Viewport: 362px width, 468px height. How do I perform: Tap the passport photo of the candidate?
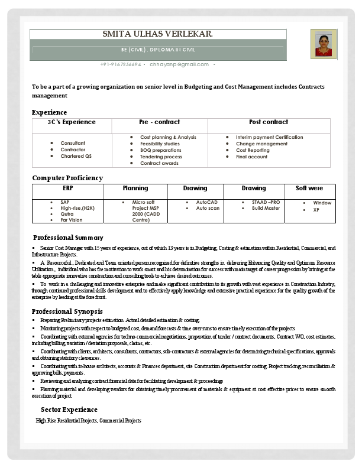click(323, 45)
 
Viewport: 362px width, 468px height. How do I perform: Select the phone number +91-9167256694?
click(121, 64)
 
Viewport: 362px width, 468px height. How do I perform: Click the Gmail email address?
click(179, 64)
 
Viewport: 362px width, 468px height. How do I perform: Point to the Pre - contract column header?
click(159, 122)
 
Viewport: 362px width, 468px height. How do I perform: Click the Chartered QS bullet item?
click(76, 157)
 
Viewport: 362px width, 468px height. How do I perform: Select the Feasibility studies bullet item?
click(160, 144)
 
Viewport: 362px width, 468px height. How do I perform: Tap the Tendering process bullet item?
click(161, 157)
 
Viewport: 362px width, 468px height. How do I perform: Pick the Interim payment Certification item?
click(269, 137)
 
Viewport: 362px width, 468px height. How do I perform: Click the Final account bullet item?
click(251, 157)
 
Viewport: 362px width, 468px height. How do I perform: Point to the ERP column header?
click(67, 188)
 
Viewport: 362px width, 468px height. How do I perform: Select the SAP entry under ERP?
click(64, 202)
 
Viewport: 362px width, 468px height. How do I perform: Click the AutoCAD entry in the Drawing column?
click(207, 202)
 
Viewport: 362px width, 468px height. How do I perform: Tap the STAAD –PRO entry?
click(266, 202)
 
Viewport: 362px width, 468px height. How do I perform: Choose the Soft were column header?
click(309, 188)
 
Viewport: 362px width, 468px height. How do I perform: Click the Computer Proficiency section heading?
click(67, 178)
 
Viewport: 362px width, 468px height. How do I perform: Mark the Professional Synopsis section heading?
click(67, 311)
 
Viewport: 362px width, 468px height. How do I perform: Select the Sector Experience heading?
click(69, 409)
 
